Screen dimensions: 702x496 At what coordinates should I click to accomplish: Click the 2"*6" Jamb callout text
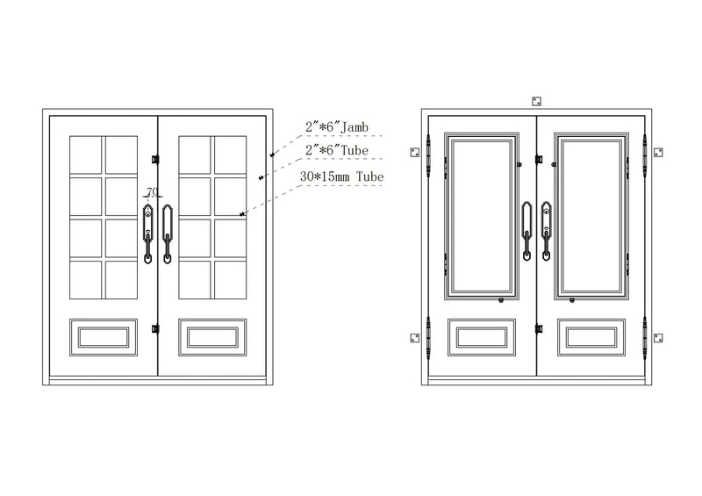click(x=337, y=127)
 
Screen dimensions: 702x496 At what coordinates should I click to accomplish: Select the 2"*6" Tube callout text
click(x=337, y=150)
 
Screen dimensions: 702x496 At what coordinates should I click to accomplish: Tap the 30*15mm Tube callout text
click(x=341, y=176)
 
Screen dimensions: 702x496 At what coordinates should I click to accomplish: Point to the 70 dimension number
click(x=152, y=191)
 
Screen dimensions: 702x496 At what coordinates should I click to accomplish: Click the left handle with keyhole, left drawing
click(x=147, y=234)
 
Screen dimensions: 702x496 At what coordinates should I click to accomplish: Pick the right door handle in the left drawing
click(x=167, y=234)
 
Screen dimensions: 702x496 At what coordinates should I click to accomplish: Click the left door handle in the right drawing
click(x=527, y=231)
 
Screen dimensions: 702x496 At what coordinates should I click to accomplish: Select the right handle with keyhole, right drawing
click(x=546, y=231)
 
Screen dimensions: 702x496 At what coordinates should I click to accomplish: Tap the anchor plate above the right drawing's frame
click(x=536, y=101)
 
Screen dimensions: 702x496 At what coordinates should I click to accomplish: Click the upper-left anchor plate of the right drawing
click(x=415, y=153)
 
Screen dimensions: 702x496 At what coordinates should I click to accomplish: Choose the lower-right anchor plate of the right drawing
click(x=658, y=338)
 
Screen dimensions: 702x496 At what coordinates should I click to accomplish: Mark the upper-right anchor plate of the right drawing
click(x=658, y=153)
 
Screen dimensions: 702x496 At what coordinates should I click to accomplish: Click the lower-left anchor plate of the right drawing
click(x=415, y=338)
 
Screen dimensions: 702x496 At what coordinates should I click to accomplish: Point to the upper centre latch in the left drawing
click(x=155, y=159)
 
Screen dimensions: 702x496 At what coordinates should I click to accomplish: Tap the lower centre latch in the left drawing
click(x=155, y=329)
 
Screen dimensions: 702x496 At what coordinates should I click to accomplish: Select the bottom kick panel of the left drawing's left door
click(x=104, y=337)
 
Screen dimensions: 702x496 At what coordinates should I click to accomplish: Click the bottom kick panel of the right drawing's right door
click(x=591, y=337)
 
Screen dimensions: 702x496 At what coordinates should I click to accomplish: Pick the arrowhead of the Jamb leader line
click(x=272, y=155)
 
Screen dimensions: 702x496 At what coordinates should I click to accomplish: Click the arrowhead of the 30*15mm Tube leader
click(x=243, y=214)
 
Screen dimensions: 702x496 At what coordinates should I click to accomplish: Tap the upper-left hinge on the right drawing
click(x=428, y=155)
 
